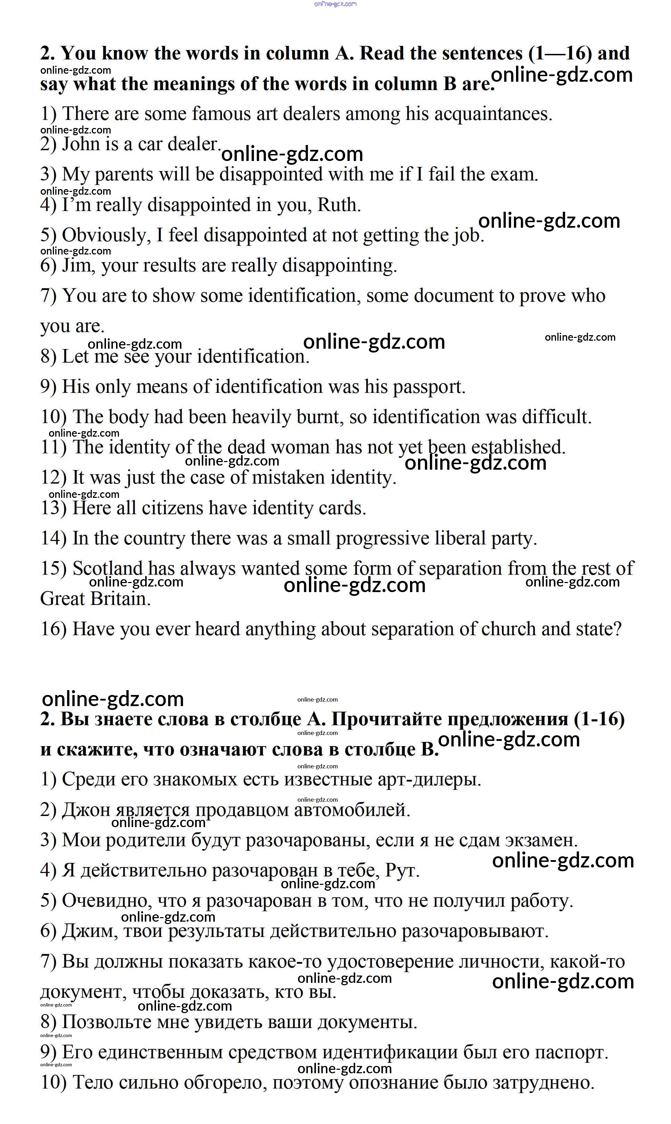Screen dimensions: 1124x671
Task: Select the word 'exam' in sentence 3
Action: tap(514, 175)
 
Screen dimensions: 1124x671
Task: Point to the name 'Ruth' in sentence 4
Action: tap(338, 205)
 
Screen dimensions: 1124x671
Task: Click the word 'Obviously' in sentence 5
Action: tap(106, 235)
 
